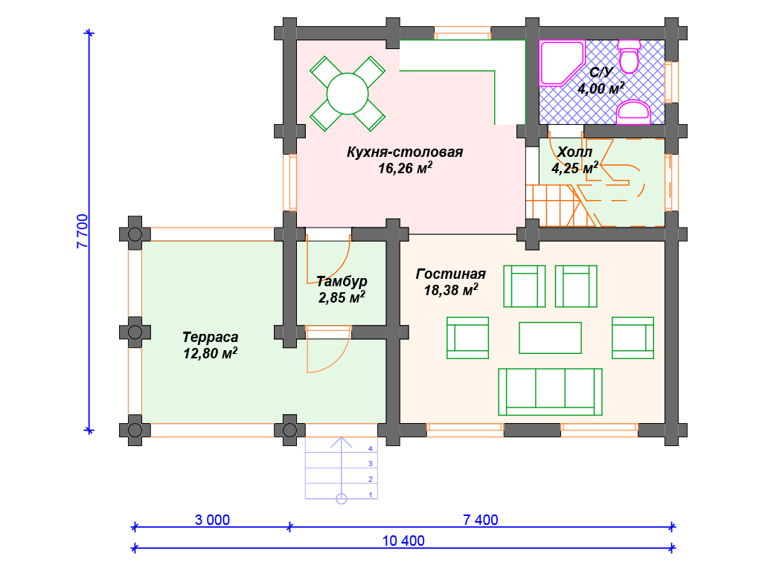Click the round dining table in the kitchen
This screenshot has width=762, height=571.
pyautogui.click(x=348, y=94)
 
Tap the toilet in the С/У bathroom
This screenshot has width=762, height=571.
pyautogui.click(x=629, y=57)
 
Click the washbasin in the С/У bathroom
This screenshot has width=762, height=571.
pyautogui.click(x=633, y=112)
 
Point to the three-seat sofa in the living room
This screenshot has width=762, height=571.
pyautogui.click(x=550, y=392)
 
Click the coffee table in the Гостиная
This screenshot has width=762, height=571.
pyautogui.click(x=550, y=338)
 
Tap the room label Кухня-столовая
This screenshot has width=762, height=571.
pyautogui.click(x=405, y=152)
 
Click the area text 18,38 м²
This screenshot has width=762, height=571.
pyautogui.click(x=451, y=290)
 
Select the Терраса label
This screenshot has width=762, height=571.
pyautogui.click(x=210, y=337)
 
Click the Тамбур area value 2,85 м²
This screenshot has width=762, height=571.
pyautogui.click(x=342, y=297)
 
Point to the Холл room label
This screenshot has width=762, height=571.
pyautogui.click(x=574, y=152)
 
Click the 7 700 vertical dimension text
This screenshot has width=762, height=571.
pyautogui.click(x=83, y=232)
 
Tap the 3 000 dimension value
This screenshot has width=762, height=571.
pyautogui.click(x=212, y=520)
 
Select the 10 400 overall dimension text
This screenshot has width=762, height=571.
pyautogui.click(x=403, y=541)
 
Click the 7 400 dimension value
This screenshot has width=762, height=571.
pyautogui.click(x=481, y=520)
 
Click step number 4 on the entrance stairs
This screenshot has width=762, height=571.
pyautogui.click(x=371, y=448)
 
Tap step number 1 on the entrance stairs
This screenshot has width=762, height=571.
pyautogui.click(x=371, y=494)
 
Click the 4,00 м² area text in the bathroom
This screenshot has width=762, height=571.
pyautogui.click(x=601, y=88)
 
